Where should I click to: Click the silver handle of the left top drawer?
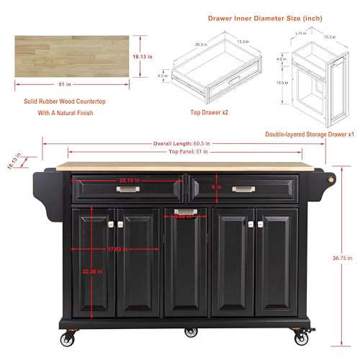[x=127, y=190]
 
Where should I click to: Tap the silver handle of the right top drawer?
[x=243, y=189]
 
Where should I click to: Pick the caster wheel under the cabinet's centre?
[x=189, y=332]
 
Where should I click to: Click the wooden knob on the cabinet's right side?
[x=333, y=180]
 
